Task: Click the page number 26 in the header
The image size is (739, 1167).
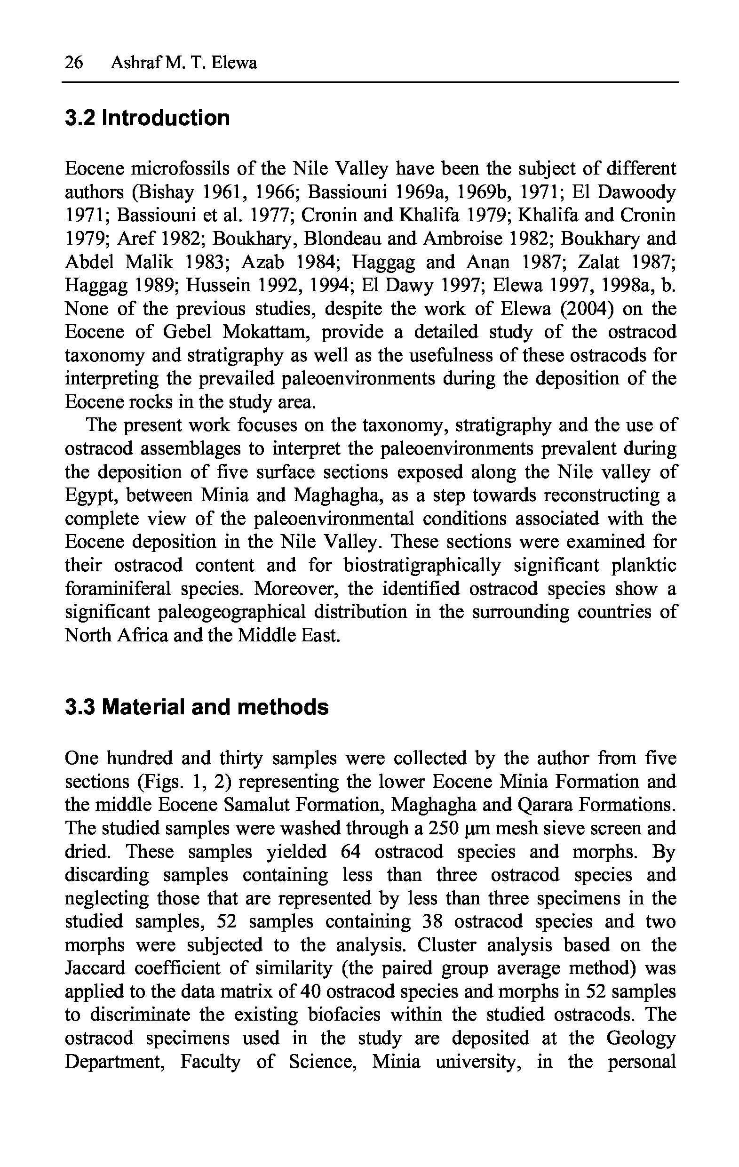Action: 74,63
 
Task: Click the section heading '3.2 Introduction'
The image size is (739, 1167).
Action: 147,118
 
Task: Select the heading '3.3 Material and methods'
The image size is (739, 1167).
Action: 196,707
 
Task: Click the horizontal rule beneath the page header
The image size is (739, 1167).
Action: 370,82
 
